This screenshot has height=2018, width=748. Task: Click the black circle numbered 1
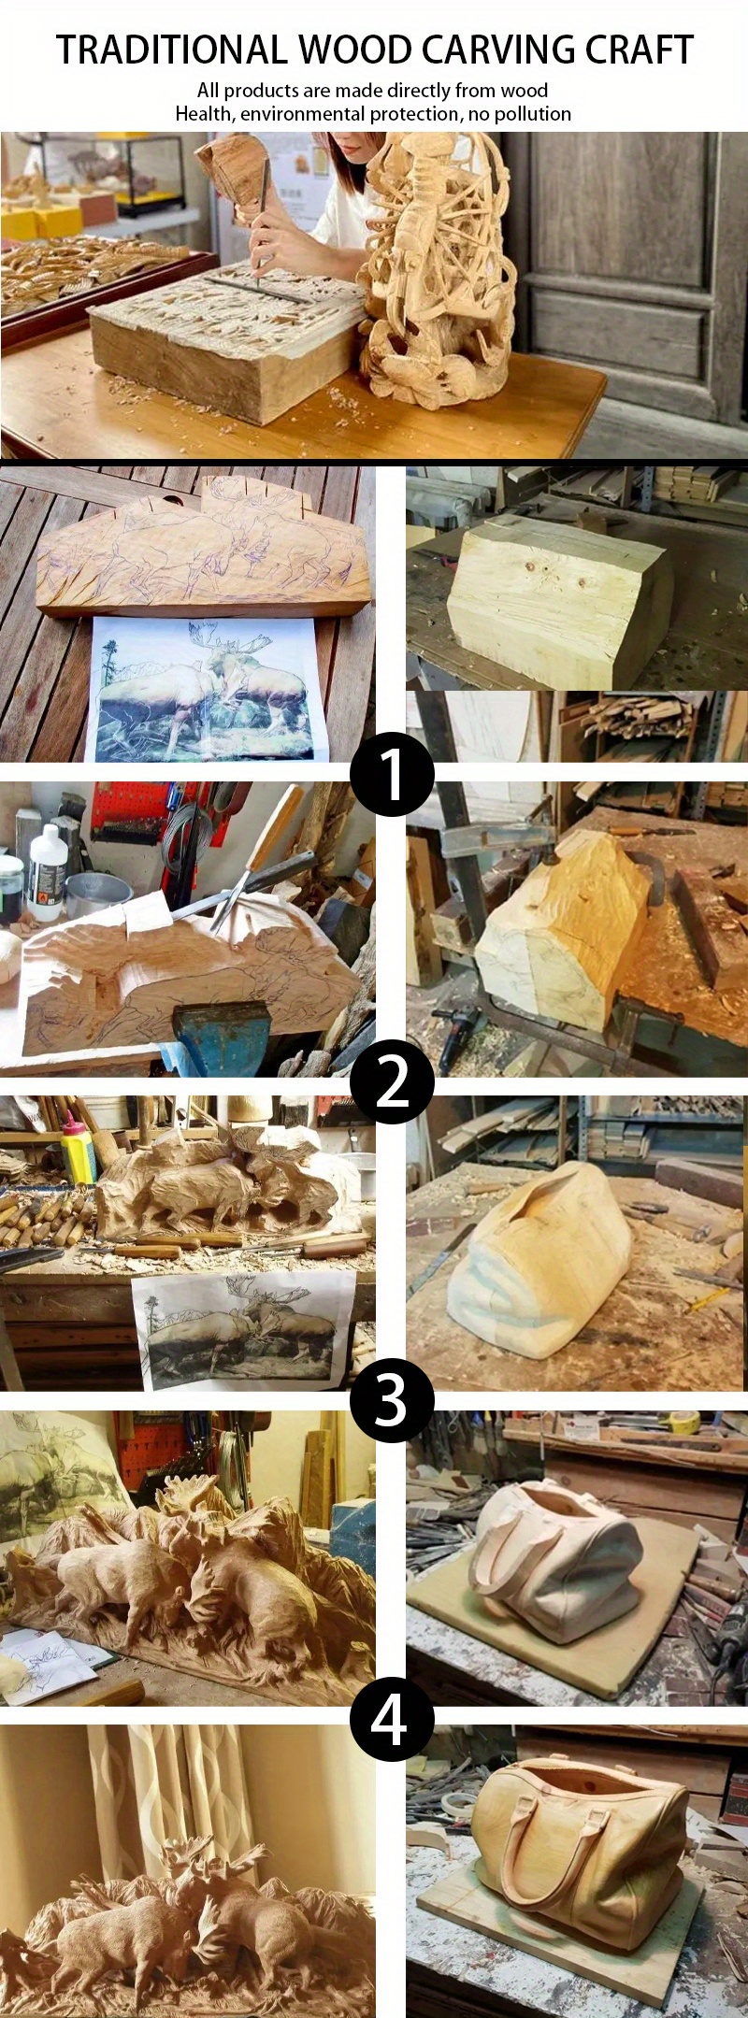[x=392, y=775]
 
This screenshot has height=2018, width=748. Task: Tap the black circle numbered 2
[x=392, y=1082]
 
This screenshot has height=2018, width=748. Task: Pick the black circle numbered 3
[x=392, y=1400]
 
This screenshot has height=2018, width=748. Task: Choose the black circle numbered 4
[x=392, y=1720]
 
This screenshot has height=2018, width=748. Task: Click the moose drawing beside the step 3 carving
[x=243, y=1325]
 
